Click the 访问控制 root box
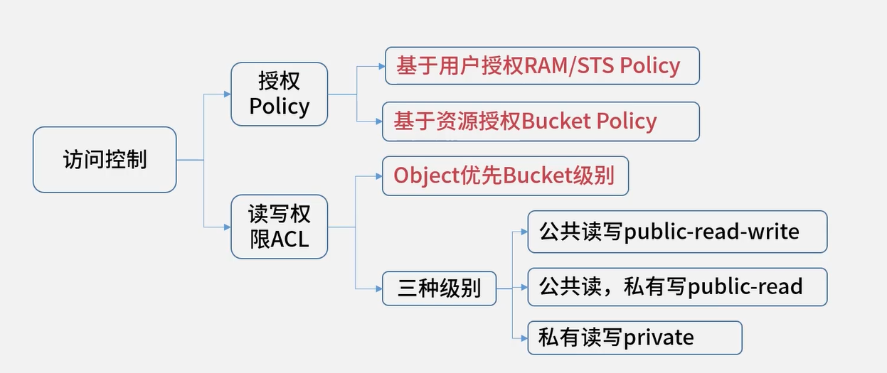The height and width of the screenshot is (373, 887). click(x=105, y=159)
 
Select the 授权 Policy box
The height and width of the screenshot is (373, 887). click(x=279, y=94)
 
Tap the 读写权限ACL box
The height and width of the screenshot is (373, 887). click(x=279, y=226)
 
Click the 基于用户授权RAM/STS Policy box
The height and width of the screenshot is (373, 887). click(x=542, y=66)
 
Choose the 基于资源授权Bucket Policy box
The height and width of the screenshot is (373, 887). click(x=541, y=121)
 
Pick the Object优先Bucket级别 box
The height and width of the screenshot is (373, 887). click(x=505, y=175)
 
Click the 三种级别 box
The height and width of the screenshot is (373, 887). click(x=439, y=288)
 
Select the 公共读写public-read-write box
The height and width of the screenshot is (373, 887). click(x=676, y=232)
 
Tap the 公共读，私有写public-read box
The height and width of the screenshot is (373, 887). click(x=676, y=286)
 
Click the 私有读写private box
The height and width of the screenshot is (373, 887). click(x=634, y=337)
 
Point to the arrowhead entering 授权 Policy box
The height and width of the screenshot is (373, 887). click(x=227, y=94)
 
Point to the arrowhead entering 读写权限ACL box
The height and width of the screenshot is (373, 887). click(x=227, y=227)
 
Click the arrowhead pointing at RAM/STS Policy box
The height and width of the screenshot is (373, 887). click(x=381, y=66)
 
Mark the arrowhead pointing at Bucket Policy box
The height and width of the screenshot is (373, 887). click(x=379, y=121)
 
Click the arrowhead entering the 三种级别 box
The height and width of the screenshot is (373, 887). click(x=378, y=288)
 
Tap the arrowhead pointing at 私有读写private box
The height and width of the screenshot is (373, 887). click(x=524, y=337)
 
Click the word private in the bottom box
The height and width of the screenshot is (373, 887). click(x=659, y=337)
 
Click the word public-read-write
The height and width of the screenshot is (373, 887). click(x=711, y=232)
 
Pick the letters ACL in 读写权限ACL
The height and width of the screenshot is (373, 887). click(x=290, y=239)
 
